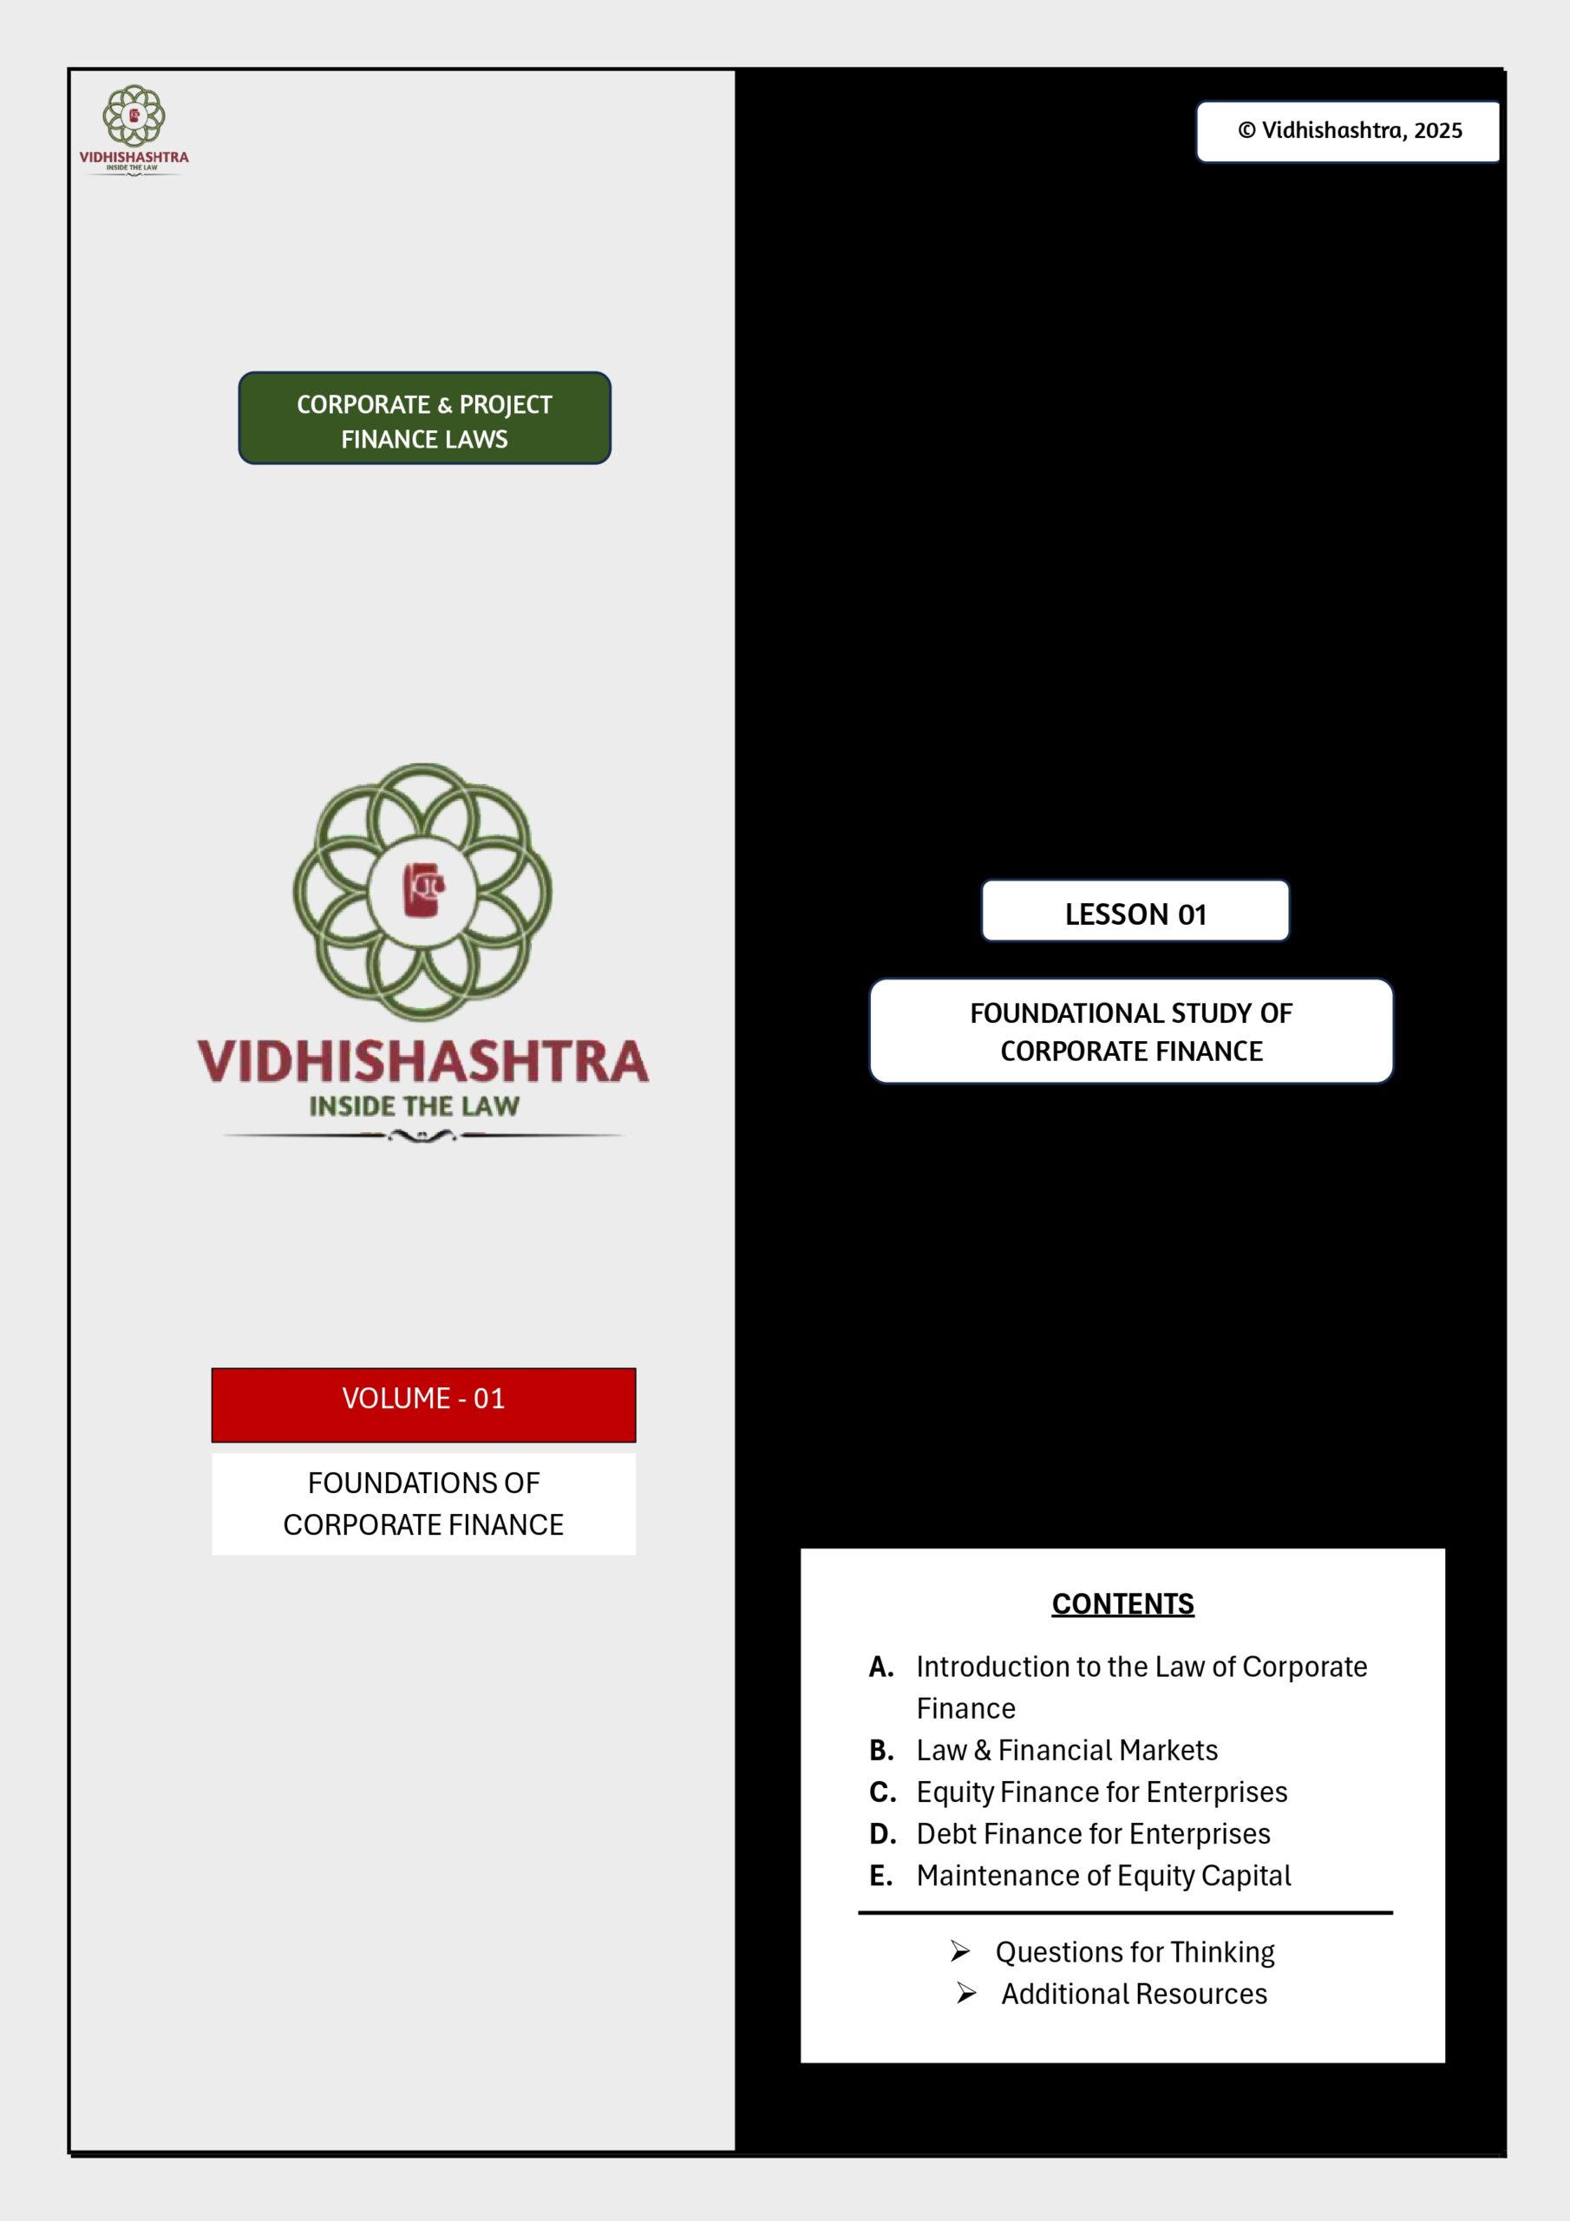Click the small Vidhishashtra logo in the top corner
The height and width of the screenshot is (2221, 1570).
(134, 129)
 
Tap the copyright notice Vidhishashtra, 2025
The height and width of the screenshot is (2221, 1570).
(1349, 132)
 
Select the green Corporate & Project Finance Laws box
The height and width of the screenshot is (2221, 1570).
(425, 419)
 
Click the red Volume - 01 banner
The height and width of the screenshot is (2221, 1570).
(423, 1404)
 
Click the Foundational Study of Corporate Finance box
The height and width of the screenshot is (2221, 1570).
(1131, 1032)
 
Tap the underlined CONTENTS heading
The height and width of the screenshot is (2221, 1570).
(1122, 1604)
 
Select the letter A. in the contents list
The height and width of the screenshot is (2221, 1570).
(880, 1667)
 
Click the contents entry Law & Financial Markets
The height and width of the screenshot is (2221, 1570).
(1066, 1750)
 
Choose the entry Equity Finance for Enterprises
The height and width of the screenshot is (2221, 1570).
(1101, 1792)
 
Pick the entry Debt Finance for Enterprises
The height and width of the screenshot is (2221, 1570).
(1092, 1833)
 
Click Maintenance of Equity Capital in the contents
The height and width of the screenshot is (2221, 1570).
(1102, 1875)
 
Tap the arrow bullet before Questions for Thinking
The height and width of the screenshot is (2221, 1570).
(959, 1952)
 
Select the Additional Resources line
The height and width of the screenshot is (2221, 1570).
(1133, 1994)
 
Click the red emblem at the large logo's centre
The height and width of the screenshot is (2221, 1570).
(422, 890)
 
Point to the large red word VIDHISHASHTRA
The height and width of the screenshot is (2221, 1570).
(422, 1061)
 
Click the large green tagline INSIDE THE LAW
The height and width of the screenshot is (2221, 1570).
(414, 1105)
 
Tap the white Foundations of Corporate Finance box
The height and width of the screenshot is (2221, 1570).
(423, 1504)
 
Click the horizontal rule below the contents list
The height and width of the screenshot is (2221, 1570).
(1124, 1912)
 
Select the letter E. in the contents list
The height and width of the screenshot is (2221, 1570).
(880, 1876)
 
